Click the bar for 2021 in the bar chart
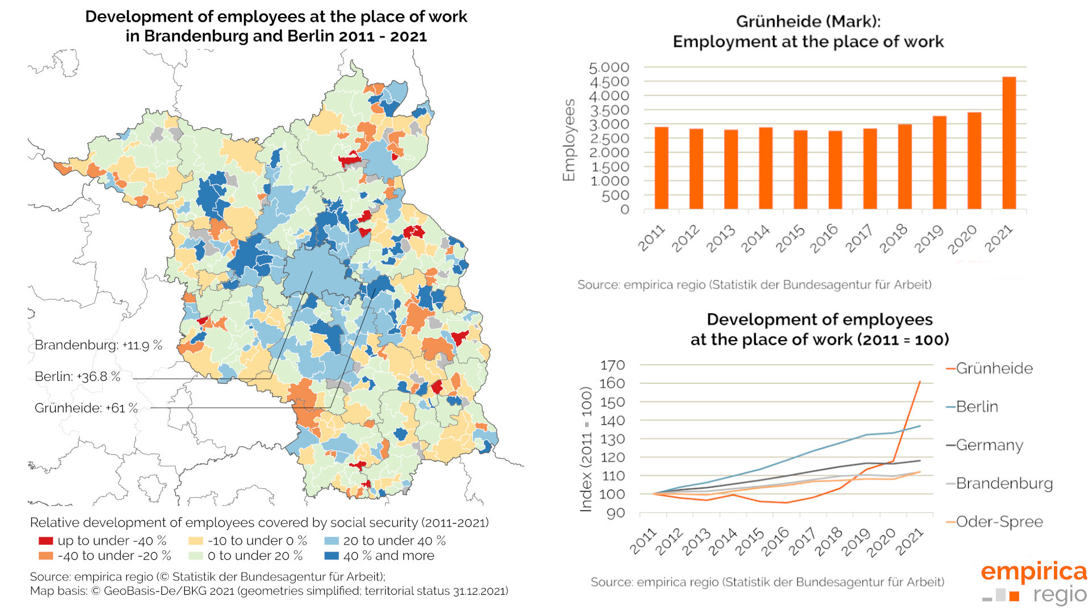coord(1009,143)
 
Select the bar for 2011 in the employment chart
coord(661,168)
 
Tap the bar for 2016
coord(835,170)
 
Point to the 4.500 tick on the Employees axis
coord(609,82)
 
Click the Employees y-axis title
coord(569,140)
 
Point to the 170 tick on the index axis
coord(613,365)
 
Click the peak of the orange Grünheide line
coord(920,381)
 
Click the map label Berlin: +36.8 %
coord(77,376)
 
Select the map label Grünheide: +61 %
coord(86,408)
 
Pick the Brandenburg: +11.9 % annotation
coord(98,345)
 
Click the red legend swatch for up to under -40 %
coord(45,541)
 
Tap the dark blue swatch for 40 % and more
coord(331,555)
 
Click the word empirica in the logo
coord(1033,571)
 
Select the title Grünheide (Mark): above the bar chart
coord(808,22)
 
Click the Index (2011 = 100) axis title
coord(586,449)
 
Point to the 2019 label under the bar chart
coord(929,239)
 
